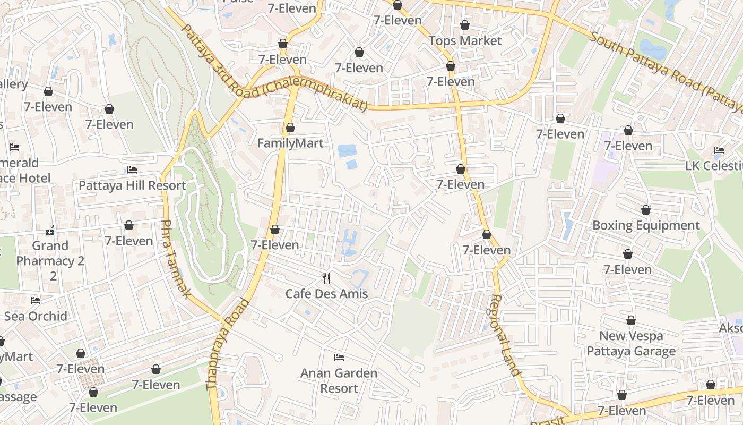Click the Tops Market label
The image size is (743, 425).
pos(465,41)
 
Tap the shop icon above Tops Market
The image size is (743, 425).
pos(465,25)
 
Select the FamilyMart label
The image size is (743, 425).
pos(290,143)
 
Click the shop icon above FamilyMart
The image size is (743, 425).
pos(290,127)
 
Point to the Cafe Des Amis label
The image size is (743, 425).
pos(326,294)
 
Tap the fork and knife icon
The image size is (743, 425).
pos(326,278)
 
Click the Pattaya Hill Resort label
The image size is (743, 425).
pos(132,185)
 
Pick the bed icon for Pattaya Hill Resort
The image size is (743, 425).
pos(132,170)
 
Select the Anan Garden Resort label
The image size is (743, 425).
pos(339,380)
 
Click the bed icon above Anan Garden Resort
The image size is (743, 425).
pos(339,358)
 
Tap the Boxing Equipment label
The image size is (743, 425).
pos(646,225)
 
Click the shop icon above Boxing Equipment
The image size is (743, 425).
pos(646,210)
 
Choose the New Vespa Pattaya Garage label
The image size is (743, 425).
pos(631,343)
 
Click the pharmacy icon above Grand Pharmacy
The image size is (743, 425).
pos(50,231)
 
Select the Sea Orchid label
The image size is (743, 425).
pos(36,316)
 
